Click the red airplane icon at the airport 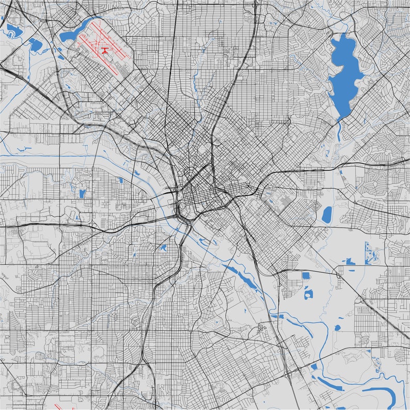(x=105, y=50)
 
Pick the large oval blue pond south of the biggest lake (x=327, y=215)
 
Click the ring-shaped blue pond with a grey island (x=308, y=294)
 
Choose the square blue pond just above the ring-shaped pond (x=306, y=275)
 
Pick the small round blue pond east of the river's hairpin (x=338, y=327)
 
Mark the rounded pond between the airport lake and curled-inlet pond (x=35, y=45)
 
